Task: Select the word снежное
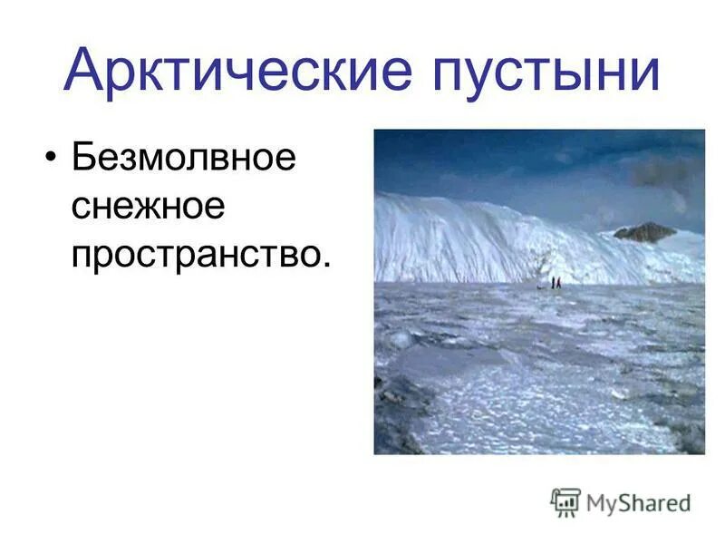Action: coord(148,208)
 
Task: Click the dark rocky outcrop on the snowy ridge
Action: coord(644,232)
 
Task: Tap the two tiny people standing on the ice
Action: coord(556,283)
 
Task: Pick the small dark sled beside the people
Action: coord(544,287)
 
